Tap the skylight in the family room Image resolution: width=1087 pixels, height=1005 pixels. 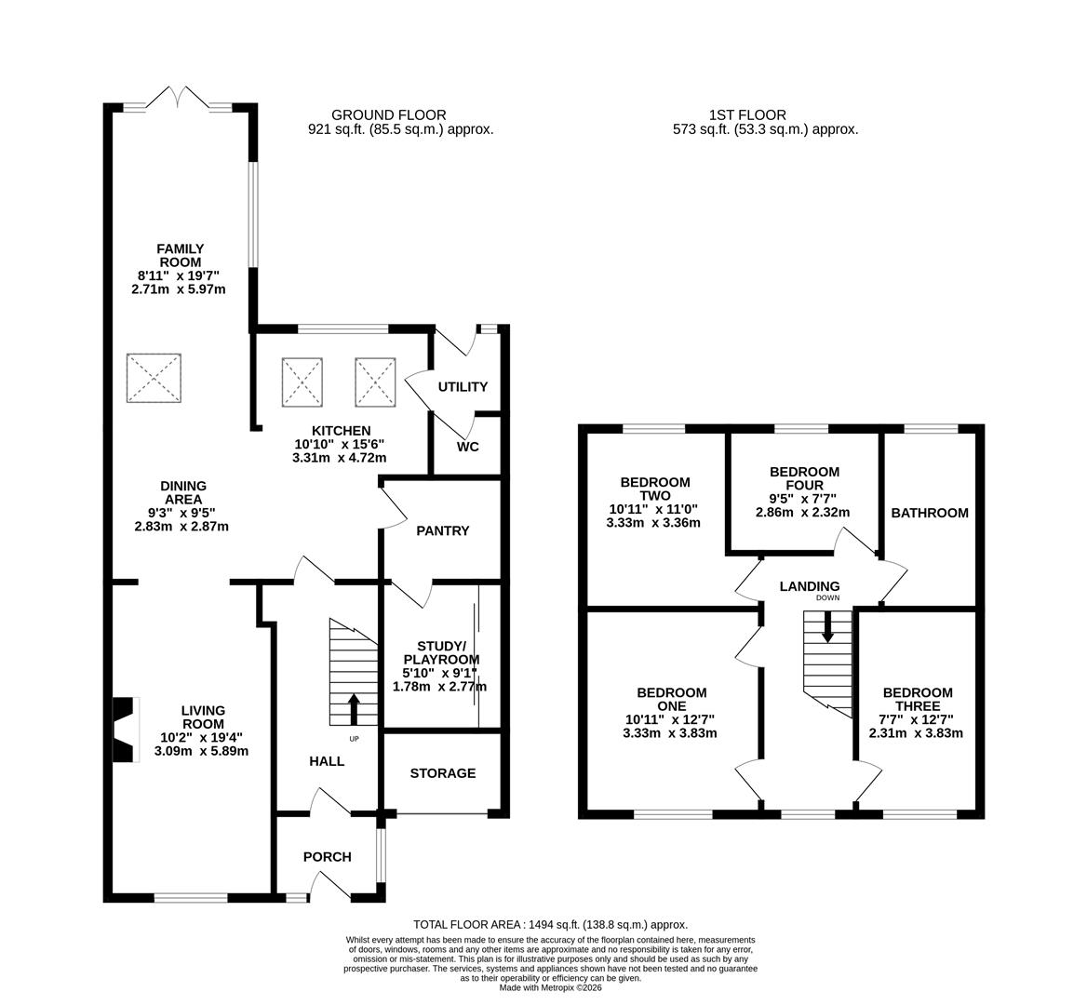[154, 379]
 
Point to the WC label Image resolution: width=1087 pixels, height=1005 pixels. [468, 447]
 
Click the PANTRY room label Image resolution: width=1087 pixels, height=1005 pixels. [442, 530]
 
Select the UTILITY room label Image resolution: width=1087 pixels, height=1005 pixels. [463, 386]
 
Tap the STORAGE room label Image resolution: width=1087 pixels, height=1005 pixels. [442, 772]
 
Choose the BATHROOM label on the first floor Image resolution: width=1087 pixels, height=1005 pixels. [929, 513]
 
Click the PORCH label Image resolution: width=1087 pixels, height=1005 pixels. [327, 856]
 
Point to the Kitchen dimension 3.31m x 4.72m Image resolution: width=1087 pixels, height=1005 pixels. [339, 458]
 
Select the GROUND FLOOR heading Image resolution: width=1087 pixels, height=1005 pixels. [388, 115]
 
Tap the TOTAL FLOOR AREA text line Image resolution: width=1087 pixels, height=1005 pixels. [550, 925]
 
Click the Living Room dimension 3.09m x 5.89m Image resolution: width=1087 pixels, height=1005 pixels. [201, 751]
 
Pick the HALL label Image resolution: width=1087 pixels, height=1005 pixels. [327, 760]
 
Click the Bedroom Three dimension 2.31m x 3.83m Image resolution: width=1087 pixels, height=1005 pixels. [916, 732]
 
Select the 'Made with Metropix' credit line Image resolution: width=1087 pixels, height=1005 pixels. [550, 987]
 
